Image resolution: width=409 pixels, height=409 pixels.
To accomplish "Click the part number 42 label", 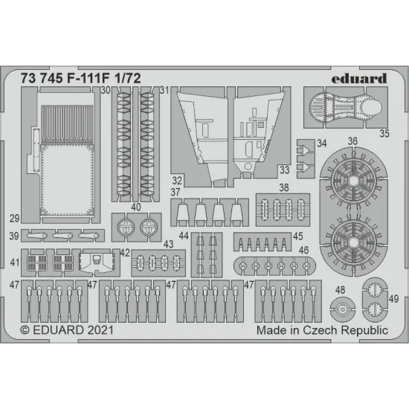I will tap(125, 254).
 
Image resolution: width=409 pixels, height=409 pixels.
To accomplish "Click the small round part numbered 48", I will tap(343, 306).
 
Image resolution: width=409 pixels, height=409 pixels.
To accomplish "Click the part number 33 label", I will tap(283, 170).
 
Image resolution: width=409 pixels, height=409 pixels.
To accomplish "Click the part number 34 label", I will tap(321, 143).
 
